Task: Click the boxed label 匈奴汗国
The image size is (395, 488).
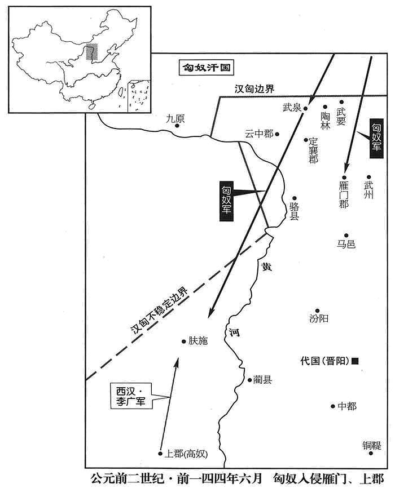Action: pos(207,67)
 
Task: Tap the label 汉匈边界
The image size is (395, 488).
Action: pos(254,89)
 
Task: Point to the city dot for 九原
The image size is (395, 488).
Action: pos(177,126)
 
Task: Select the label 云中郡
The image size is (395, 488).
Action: pos(259,134)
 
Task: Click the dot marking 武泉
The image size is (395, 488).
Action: pos(306,108)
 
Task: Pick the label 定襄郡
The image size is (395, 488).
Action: pos(313,150)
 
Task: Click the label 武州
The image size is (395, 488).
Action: pos(368,190)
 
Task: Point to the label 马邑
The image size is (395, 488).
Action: pos(346,244)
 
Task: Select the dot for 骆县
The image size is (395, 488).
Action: pos(295,198)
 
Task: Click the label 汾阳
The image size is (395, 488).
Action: pos(319,318)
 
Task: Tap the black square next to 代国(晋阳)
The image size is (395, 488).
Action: pos(355,361)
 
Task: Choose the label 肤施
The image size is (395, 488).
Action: pos(198,341)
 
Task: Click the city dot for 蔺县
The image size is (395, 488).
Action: pos(250,380)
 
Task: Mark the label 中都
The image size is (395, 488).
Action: pos(347,406)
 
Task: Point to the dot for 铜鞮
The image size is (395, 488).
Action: pos(371,453)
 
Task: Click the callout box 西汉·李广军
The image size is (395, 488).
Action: pos(131,396)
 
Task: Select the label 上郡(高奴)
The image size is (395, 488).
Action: pos(186,454)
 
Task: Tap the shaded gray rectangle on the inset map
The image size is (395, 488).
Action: pos(92,52)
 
